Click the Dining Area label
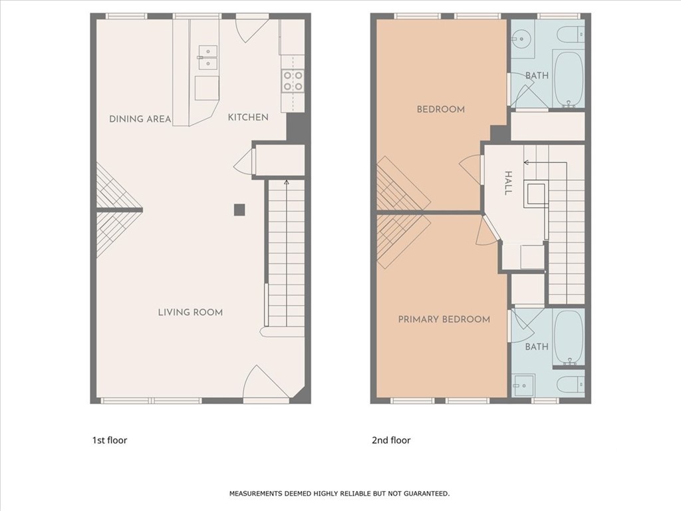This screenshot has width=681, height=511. pos(140,118)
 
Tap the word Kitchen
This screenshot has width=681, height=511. pos(248,117)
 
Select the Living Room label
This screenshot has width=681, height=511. pos(190,312)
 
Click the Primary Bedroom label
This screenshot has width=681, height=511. pos(444,319)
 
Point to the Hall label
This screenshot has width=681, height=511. pos(507,183)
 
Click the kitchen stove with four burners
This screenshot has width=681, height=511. pos(293,81)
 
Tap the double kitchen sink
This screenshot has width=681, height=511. pos(208,57)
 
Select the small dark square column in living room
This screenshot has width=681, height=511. pos(239,210)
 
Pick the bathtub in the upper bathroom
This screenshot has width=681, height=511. pos(569,79)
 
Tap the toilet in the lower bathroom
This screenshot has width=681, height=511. pos(571,384)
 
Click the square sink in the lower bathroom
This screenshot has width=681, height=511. pos(523,385)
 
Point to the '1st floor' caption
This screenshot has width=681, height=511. pos(110,440)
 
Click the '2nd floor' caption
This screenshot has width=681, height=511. pos(391,440)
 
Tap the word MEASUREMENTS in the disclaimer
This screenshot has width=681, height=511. pos(256,494)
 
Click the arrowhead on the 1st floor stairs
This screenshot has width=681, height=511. pos(286,182)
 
